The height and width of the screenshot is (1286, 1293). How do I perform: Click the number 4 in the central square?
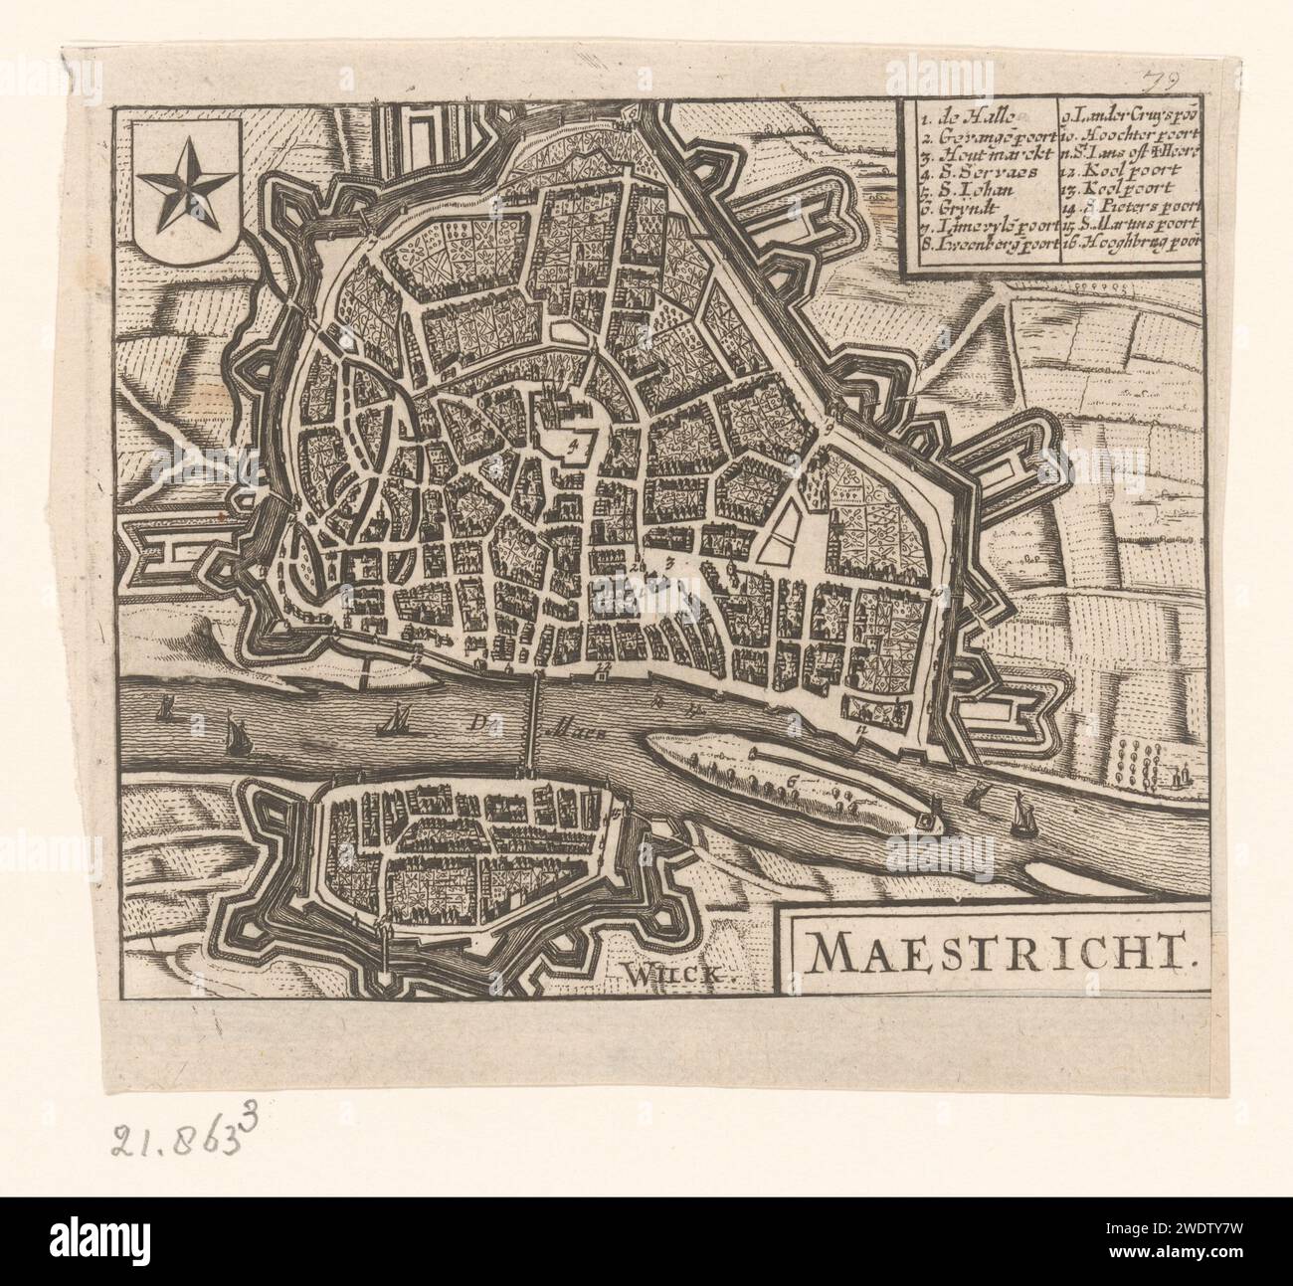572,447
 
